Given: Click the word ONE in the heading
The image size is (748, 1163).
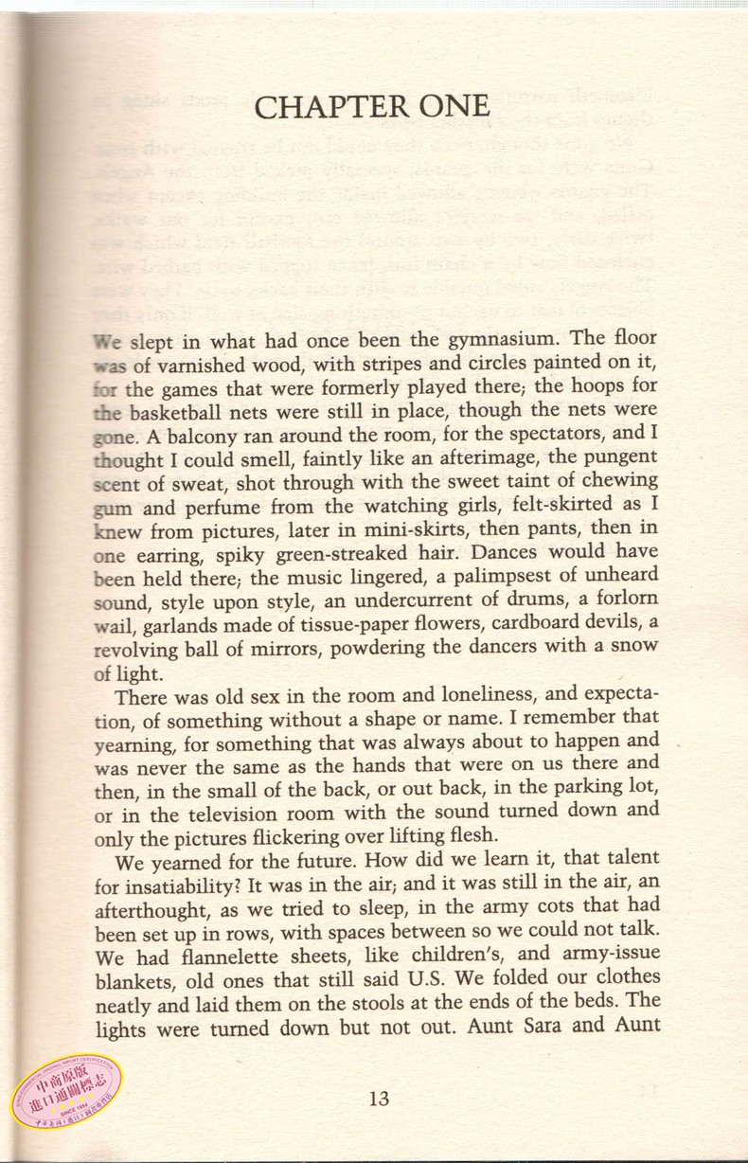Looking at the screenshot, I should click(447, 107).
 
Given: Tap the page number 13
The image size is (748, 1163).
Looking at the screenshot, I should click(379, 1099).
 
